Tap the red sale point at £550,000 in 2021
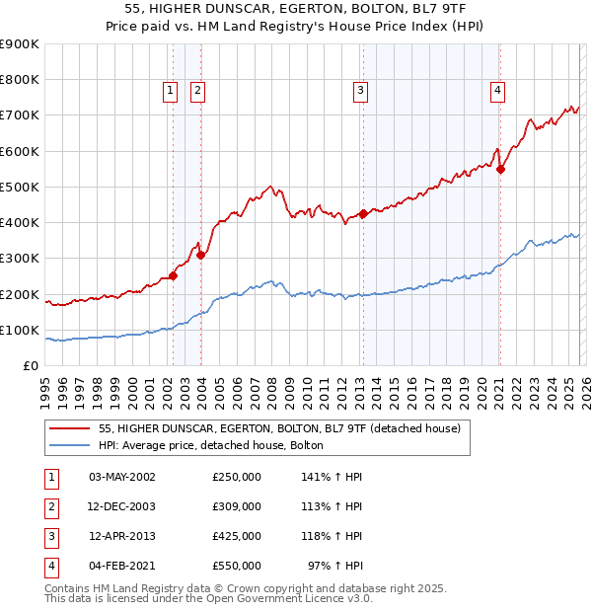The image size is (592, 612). pyautogui.click(x=500, y=169)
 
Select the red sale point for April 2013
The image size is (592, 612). pyautogui.click(x=363, y=213)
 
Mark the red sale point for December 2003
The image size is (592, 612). pyautogui.click(x=200, y=255)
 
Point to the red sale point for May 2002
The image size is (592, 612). pyautogui.click(x=173, y=276)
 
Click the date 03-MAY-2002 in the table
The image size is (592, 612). pyautogui.click(x=122, y=477)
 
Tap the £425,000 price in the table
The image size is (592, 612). pyautogui.click(x=237, y=536)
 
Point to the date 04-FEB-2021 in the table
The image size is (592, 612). pyautogui.click(x=122, y=566)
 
